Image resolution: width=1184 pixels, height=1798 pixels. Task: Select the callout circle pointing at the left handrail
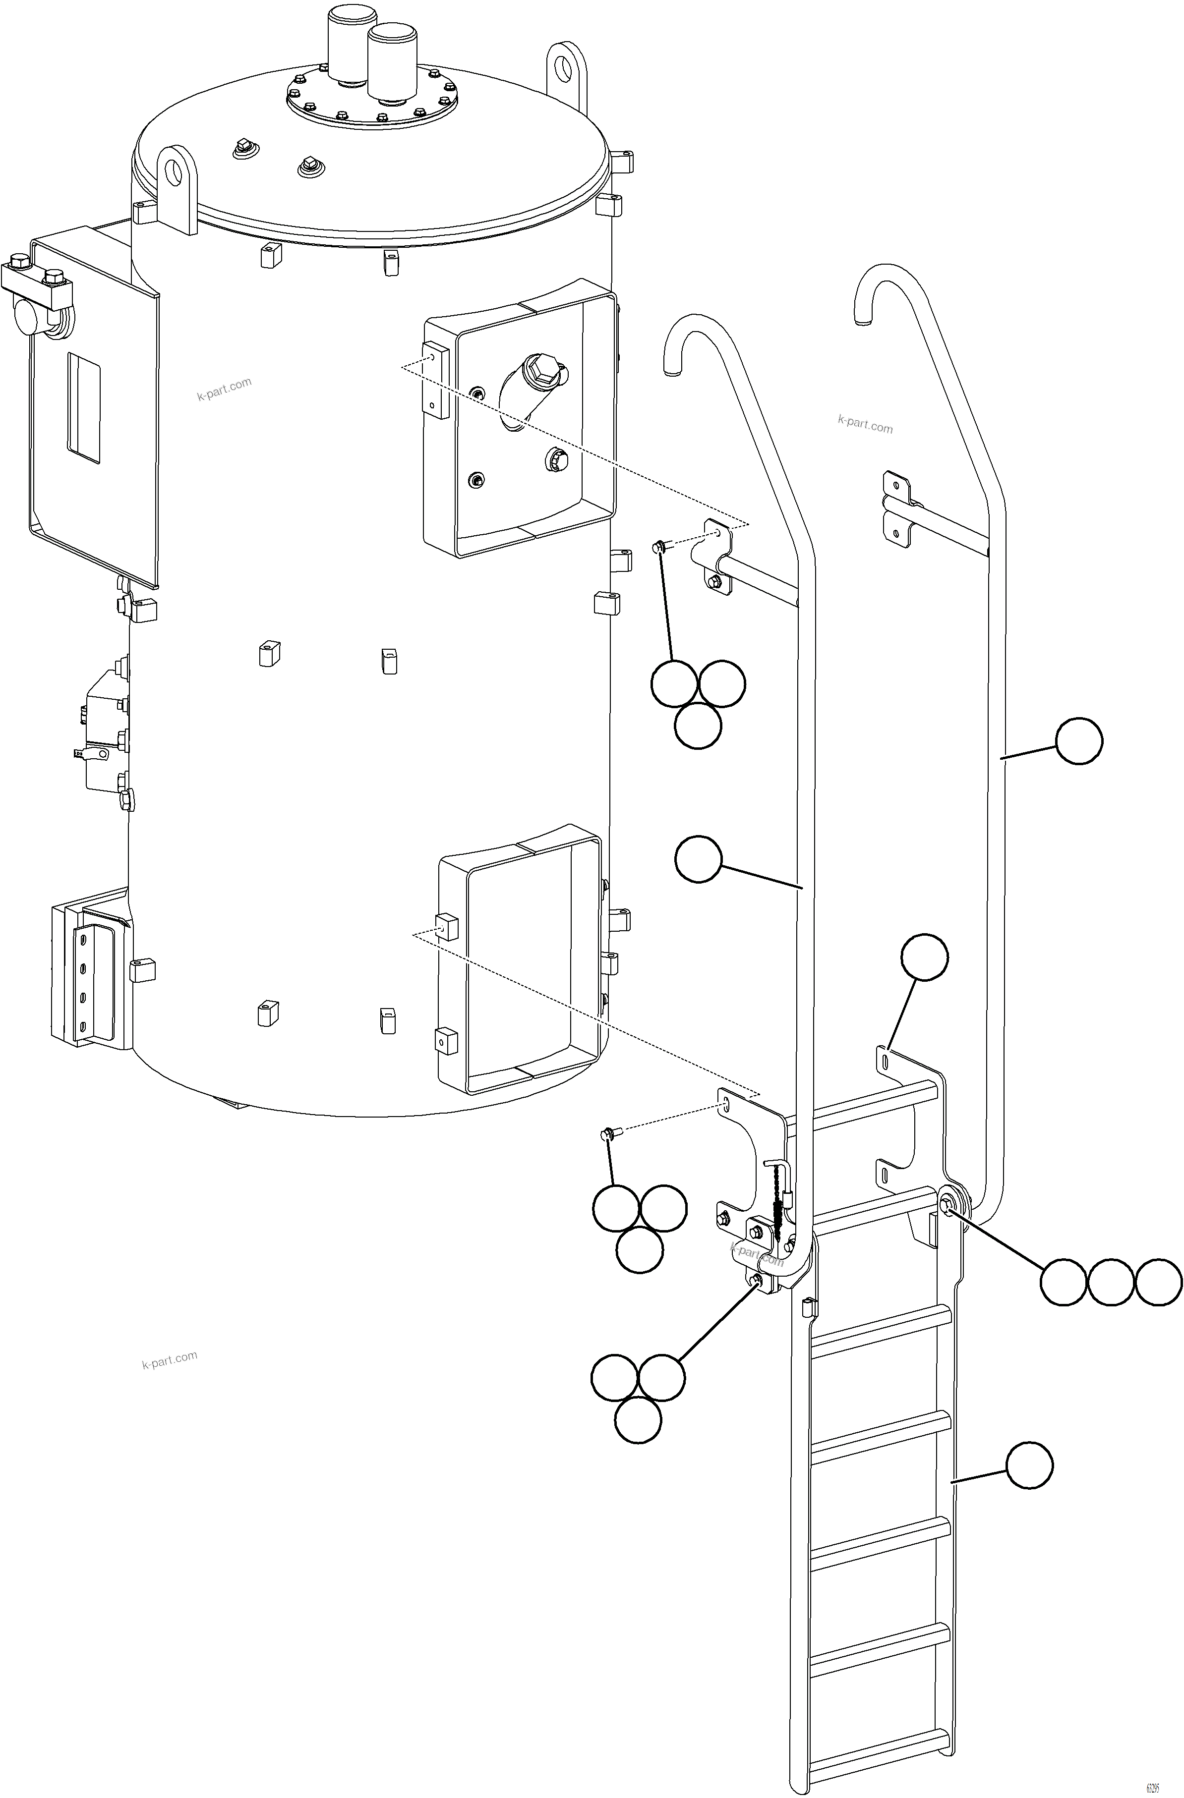[698, 858]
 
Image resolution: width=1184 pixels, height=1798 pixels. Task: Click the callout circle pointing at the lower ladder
[1029, 1465]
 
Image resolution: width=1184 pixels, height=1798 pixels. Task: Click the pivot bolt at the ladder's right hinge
[947, 1203]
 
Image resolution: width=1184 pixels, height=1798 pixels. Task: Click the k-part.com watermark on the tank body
[224, 390]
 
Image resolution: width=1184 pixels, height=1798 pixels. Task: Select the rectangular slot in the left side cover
[84, 408]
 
